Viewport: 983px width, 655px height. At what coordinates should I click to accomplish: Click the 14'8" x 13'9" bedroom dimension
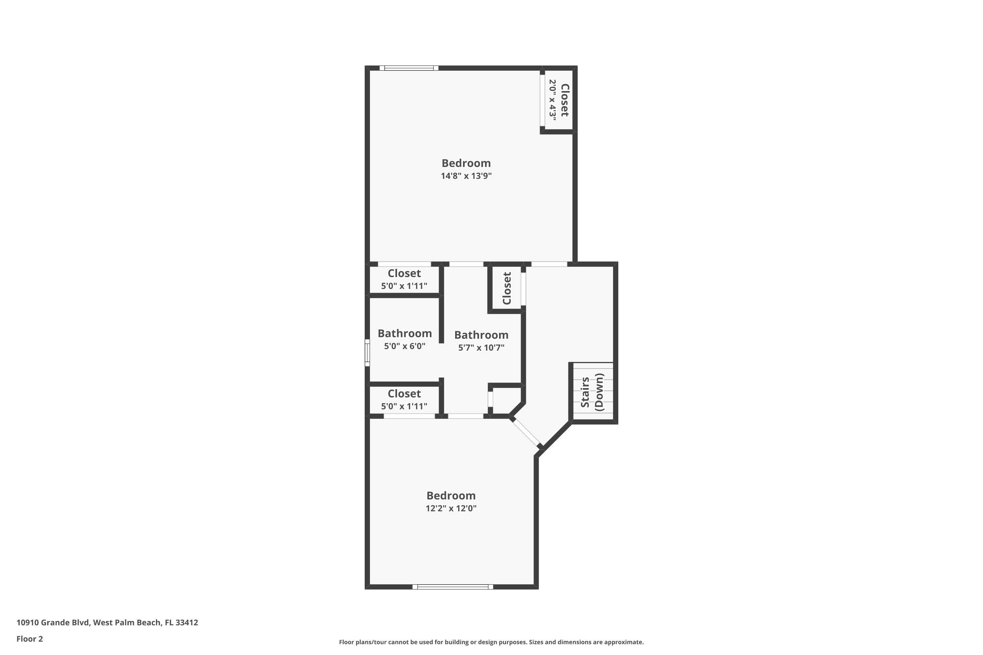(x=466, y=176)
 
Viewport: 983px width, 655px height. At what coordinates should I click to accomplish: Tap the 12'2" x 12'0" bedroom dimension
(x=451, y=508)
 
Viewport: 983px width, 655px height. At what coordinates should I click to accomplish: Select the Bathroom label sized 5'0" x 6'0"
(x=405, y=333)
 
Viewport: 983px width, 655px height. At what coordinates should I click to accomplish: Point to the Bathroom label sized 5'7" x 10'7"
(x=481, y=335)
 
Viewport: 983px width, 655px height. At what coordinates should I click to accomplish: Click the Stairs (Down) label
(x=592, y=392)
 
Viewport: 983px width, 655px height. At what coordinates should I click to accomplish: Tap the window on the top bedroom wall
(x=409, y=68)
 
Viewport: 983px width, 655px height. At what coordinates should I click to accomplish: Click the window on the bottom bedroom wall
(x=453, y=587)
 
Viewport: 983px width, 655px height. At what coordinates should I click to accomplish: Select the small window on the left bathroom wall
(x=367, y=353)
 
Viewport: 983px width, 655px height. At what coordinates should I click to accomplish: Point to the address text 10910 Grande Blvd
(x=107, y=623)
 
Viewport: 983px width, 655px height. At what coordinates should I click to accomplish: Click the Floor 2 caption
(x=30, y=639)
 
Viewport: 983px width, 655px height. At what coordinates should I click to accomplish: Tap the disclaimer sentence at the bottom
(x=491, y=642)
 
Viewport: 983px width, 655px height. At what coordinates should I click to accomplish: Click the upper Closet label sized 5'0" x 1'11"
(x=404, y=273)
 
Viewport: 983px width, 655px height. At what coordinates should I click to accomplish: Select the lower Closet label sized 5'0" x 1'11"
(x=404, y=394)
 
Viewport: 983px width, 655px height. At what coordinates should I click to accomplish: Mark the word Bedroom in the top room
(x=466, y=163)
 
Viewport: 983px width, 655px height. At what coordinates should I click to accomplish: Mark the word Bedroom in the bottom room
(x=451, y=496)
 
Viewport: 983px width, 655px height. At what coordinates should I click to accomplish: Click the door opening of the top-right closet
(x=543, y=100)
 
